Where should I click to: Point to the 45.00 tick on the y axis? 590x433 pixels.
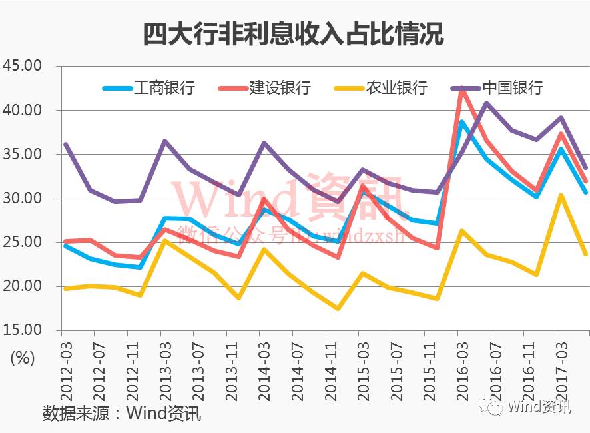click(x=23, y=66)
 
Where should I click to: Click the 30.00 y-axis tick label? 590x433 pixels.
click(x=23, y=199)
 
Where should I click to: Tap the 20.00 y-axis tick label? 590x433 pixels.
click(x=23, y=286)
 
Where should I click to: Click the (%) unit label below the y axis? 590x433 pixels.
click(x=23, y=358)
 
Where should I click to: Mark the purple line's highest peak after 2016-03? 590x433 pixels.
click(x=487, y=103)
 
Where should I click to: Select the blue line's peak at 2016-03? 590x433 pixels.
click(x=461, y=122)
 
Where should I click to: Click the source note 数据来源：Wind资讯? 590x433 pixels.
click(x=121, y=413)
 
